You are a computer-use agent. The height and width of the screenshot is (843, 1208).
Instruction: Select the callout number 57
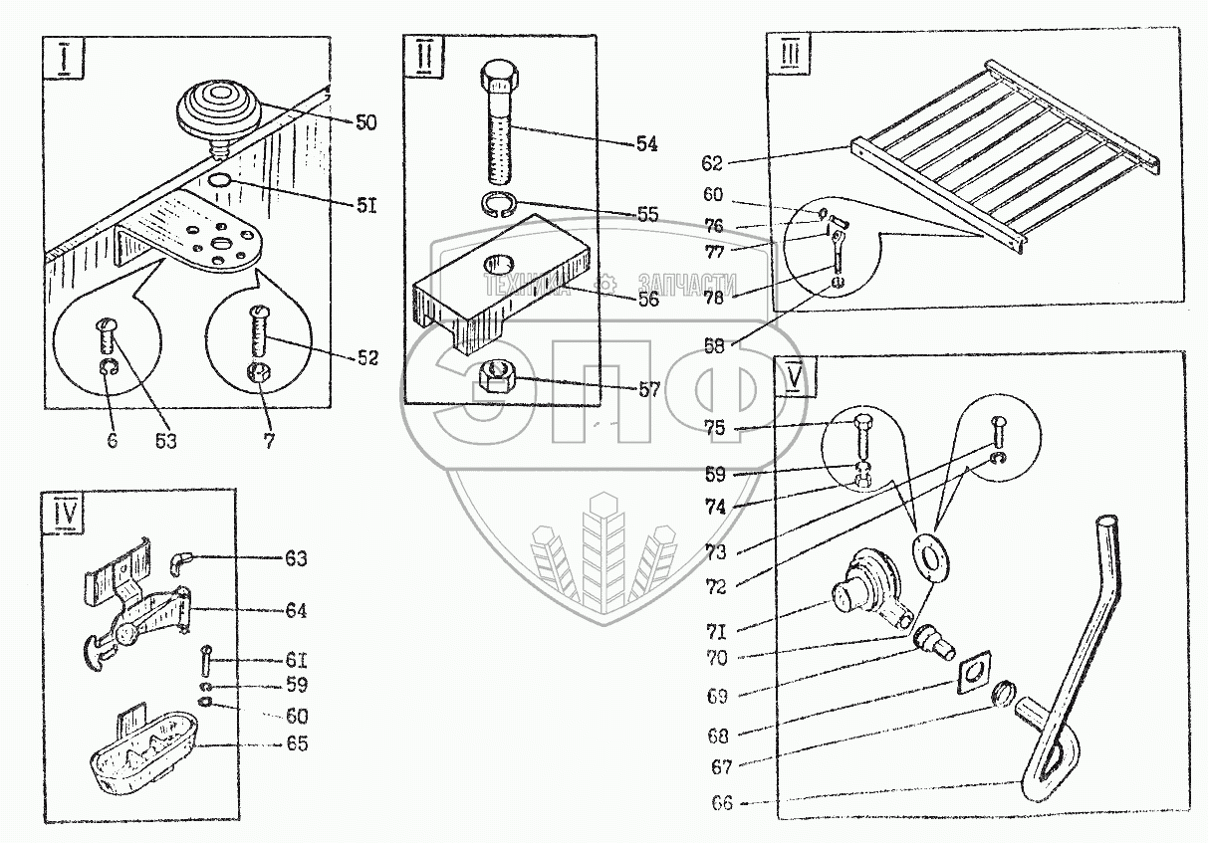[647, 390]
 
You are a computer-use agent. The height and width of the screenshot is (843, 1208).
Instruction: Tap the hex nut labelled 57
[495, 376]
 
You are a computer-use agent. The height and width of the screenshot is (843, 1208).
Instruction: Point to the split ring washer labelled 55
[499, 206]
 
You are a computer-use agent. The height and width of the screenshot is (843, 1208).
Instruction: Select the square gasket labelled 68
[971, 672]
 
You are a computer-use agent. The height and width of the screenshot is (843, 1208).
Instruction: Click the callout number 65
[296, 743]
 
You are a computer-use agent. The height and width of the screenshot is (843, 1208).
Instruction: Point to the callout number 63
[296, 559]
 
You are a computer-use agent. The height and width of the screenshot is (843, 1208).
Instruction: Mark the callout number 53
[164, 439]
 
